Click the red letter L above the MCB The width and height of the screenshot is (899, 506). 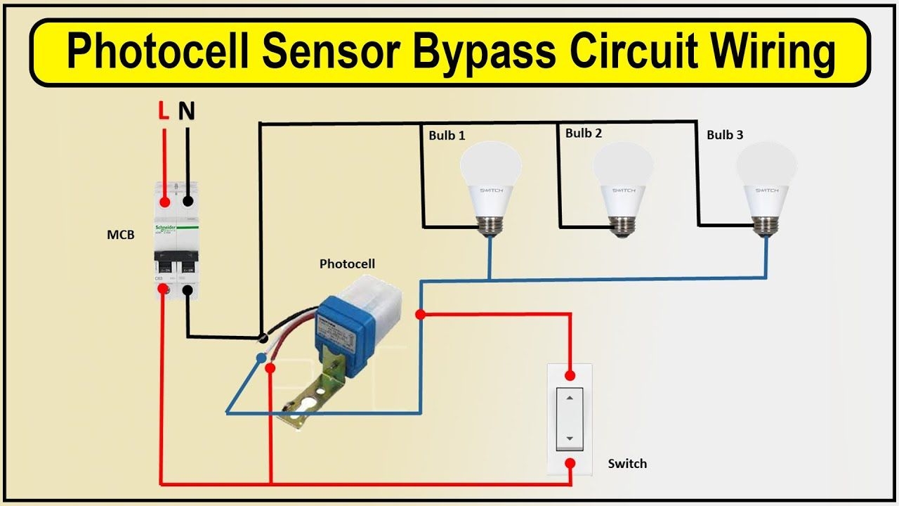click(x=163, y=111)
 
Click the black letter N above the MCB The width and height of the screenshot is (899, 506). click(x=187, y=111)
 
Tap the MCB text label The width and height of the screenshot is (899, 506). click(x=120, y=235)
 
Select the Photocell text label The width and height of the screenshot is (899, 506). click(x=347, y=264)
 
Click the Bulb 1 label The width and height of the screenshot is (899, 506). click(x=447, y=135)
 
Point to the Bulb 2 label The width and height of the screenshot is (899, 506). click(x=584, y=133)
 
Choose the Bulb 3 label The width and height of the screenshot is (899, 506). click(x=725, y=134)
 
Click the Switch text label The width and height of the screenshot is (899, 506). click(x=627, y=464)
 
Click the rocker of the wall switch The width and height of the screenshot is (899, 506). click(x=570, y=418)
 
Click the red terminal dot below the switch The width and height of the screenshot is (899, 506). click(x=570, y=463)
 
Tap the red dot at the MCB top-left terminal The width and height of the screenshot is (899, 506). click(x=164, y=202)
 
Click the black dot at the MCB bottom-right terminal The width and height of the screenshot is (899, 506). click(x=188, y=290)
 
